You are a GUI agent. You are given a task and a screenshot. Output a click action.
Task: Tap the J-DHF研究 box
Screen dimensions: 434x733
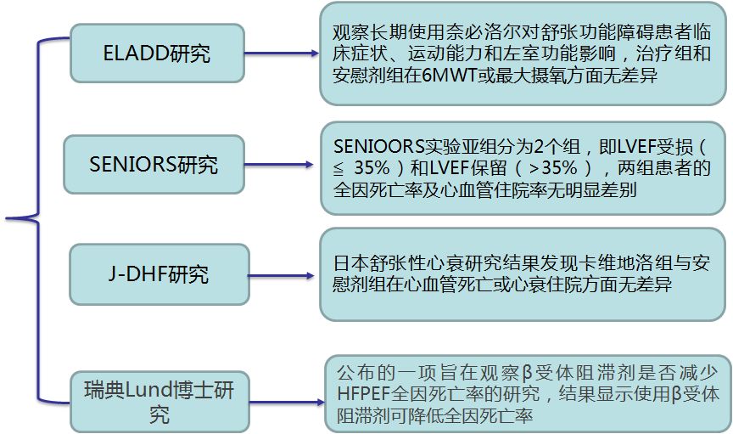(x=153, y=275)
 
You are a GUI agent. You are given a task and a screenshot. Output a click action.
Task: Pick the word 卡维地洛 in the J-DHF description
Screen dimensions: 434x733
(x=584, y=262)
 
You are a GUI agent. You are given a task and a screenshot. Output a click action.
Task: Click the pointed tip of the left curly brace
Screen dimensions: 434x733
(x=8, y=220)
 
